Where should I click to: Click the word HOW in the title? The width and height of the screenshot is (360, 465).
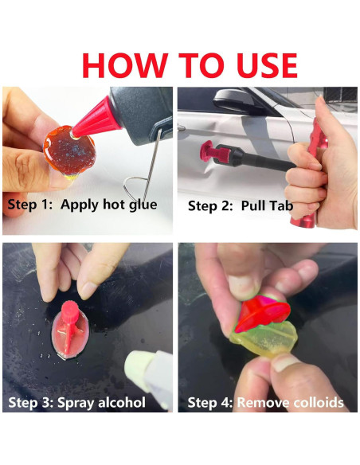coord(125,65)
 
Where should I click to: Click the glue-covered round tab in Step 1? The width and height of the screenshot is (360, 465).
coord(69,150)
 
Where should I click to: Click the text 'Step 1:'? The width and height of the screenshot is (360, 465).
coord(30,205)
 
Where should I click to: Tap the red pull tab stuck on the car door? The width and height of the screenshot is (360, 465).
coord(215,154)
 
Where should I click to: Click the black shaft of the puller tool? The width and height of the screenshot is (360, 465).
coord(261,161)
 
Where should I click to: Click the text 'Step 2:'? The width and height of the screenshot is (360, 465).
coord(210,205)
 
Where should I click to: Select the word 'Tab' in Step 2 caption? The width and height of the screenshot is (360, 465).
coord(280,205)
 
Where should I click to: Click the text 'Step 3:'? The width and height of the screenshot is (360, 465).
coord(31,403)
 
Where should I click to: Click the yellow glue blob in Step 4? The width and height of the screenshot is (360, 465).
coord(264,338)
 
